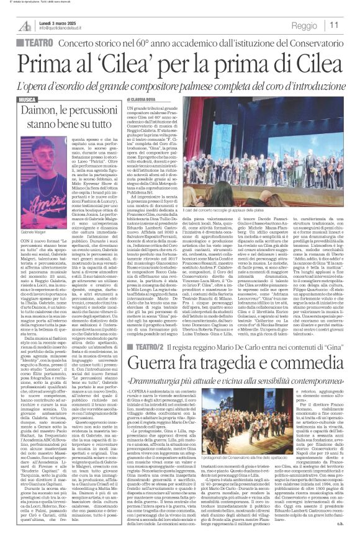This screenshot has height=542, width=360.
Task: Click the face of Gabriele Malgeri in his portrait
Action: pyautogui.click(x=43, y=159)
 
